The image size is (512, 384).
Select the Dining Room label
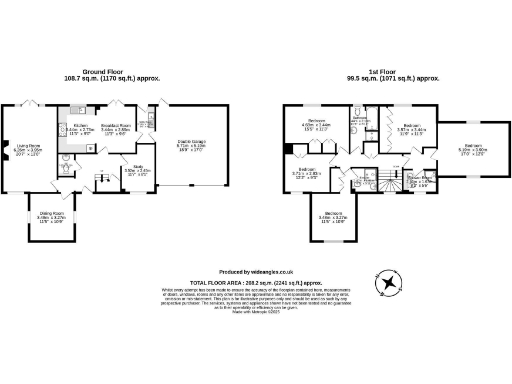(x=51, y=217)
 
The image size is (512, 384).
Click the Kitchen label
(x=80, y=129)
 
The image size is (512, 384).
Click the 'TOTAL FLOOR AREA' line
(x=255, y=282)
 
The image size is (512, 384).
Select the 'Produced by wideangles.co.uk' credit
(x=255, y=272)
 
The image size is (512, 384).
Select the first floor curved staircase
(x=377, y=181)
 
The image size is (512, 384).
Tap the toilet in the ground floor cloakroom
(x=64, y=169)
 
